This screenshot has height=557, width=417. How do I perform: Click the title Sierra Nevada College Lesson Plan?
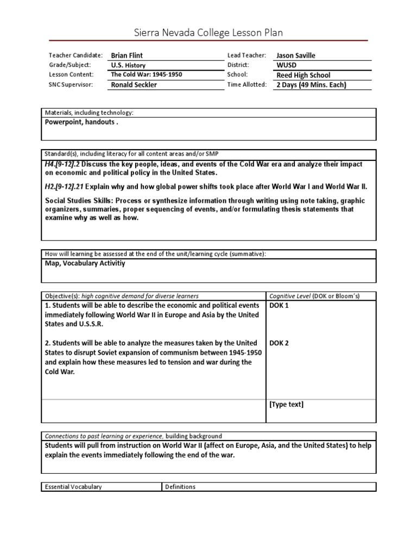[x=208, y=33]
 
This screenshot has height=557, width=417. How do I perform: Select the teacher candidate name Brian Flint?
[x=128, y=55]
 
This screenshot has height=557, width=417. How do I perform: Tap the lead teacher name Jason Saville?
[x=295, y=55]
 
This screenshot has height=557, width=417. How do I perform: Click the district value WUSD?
[x=287, y=65]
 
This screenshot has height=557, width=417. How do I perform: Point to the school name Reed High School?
[x=303, y=75]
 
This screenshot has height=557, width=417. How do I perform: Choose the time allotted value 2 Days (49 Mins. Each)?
[x=311, y=85]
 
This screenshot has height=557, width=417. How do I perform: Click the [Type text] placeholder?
[x=286, y=404]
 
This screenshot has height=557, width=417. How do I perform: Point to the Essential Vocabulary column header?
[x=73, y=487]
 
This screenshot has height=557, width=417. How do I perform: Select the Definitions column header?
[x=180, y=487]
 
